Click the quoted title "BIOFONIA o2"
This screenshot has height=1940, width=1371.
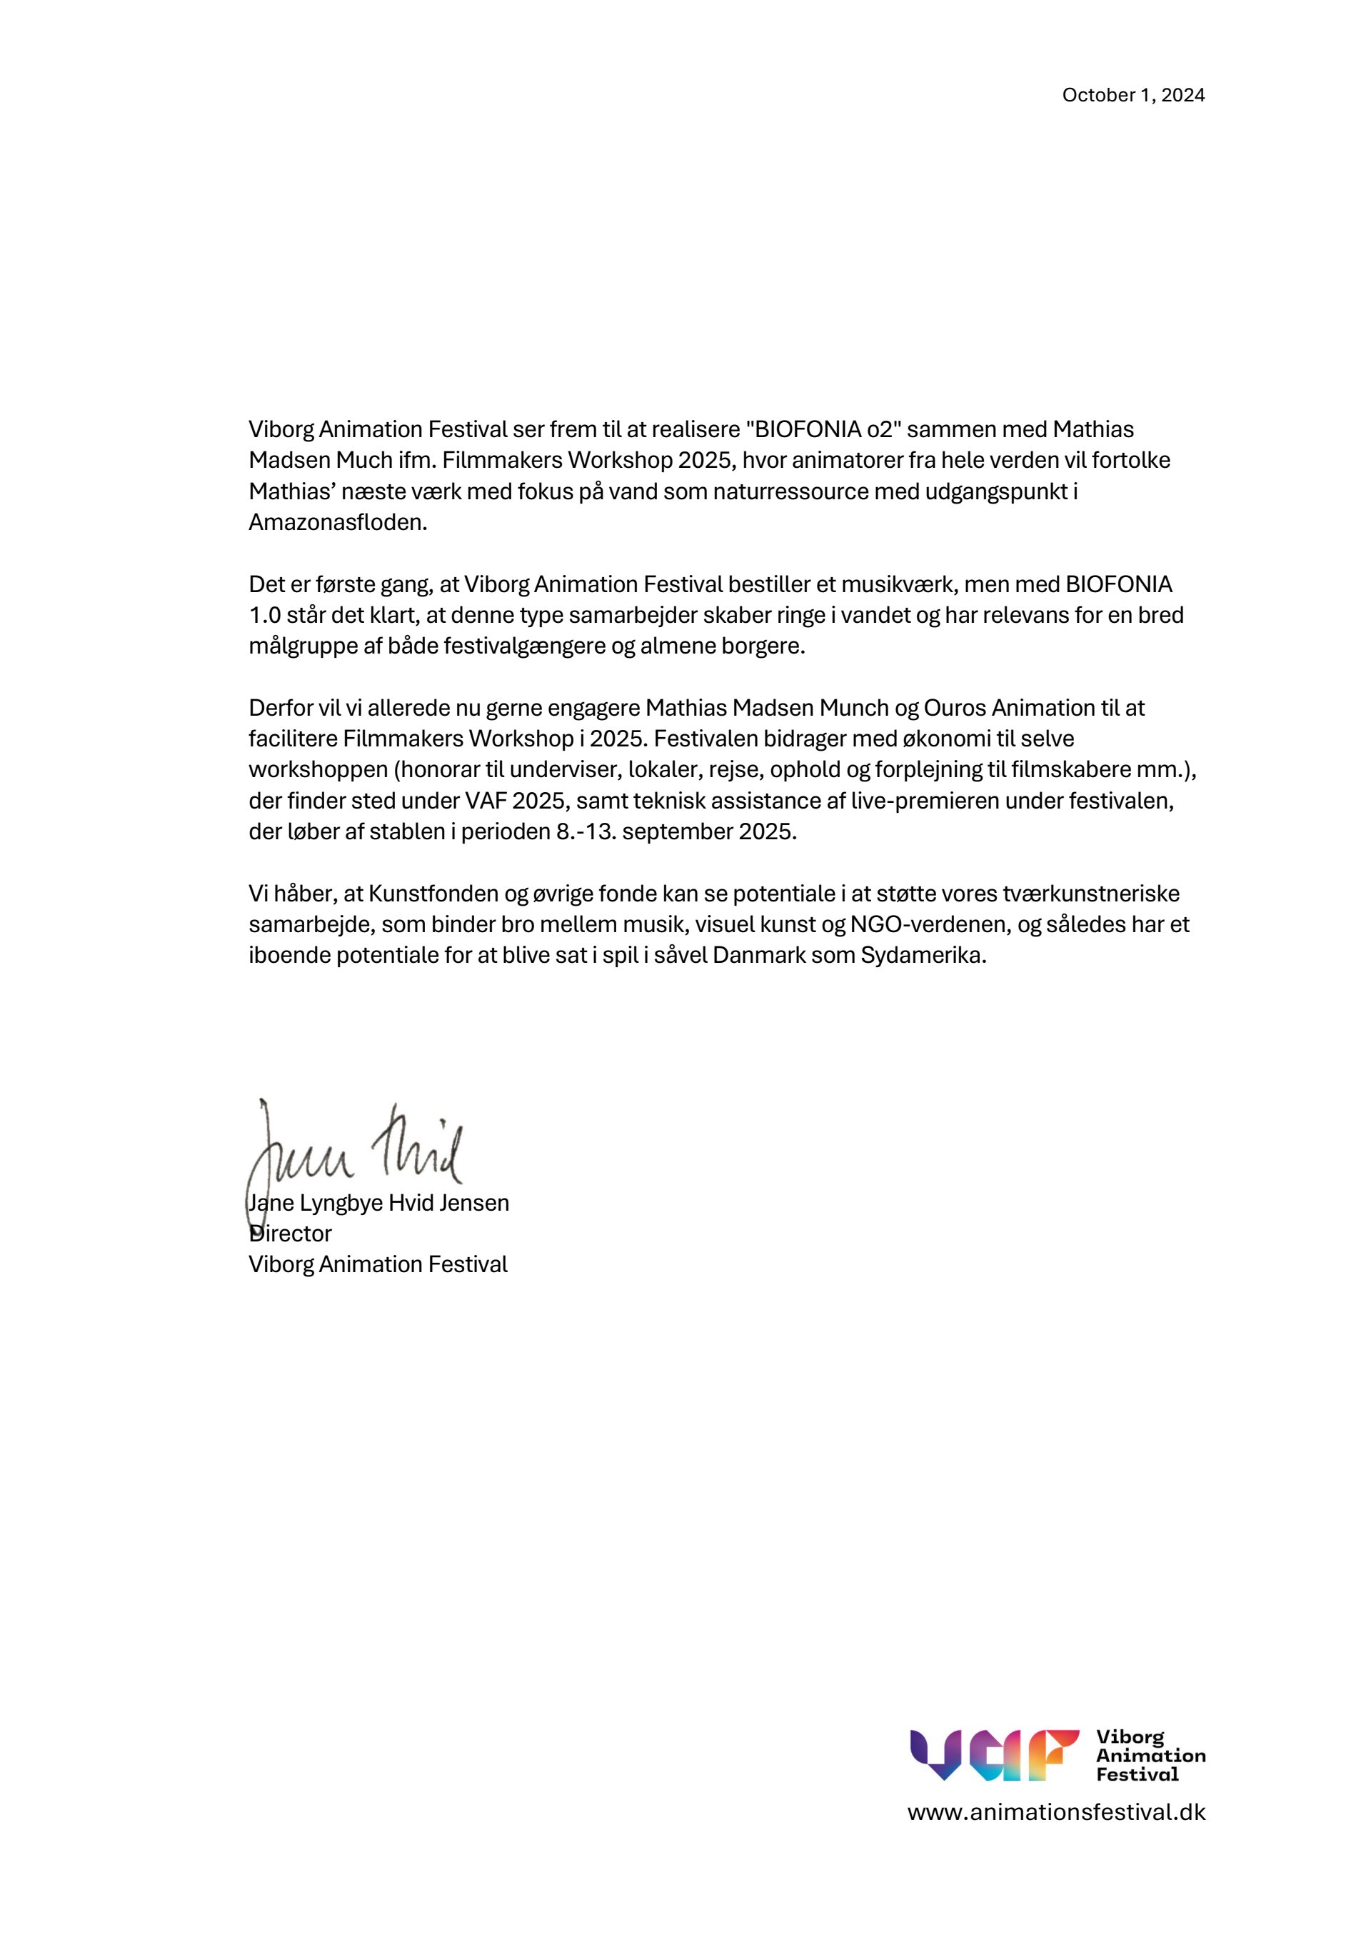823,429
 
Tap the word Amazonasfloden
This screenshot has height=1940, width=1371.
337,522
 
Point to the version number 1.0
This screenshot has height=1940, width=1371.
264,615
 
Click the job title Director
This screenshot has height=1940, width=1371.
291,1234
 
